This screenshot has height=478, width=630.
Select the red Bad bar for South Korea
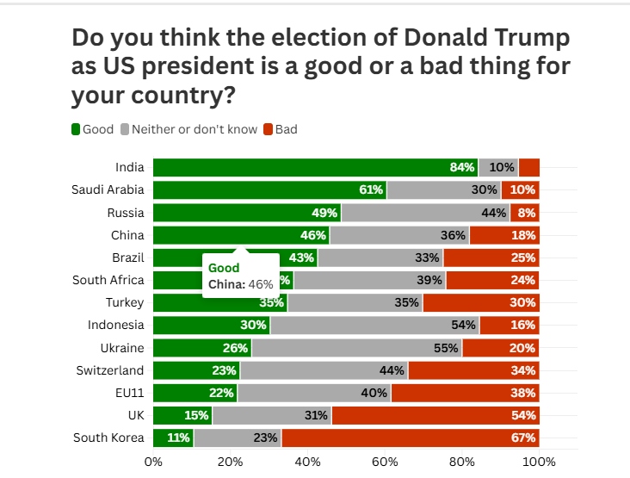[411, 438]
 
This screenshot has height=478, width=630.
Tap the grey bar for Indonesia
[374, 326]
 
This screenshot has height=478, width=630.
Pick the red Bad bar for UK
[435, 415]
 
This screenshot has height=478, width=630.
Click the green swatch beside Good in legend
[76, 129]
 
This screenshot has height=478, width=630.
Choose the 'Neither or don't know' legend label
[195, 129]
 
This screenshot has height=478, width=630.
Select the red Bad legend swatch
[268, 129]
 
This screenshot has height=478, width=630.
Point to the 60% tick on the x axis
[385, 462]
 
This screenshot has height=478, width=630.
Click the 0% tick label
[152, 462]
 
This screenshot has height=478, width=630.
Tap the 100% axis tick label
[540, 462]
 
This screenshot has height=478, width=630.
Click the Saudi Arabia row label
[108, 190]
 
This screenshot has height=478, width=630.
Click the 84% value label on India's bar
[462, 168]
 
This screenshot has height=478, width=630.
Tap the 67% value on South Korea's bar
[523, 438]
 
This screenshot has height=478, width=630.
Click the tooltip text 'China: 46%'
[240, 284]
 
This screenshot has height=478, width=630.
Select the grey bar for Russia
[425, 213]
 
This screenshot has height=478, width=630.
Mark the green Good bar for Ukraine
[201, 348]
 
